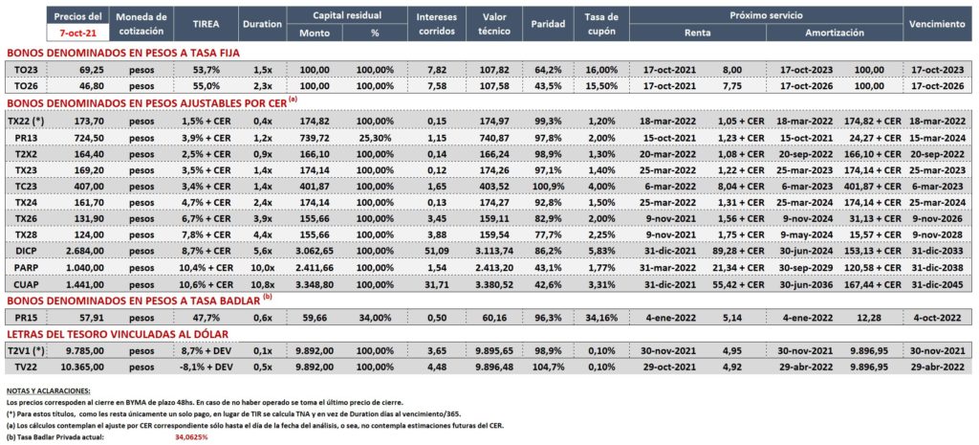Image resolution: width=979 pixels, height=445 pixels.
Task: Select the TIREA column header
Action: [206, 24]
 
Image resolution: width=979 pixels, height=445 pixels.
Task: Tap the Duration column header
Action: [262, 24]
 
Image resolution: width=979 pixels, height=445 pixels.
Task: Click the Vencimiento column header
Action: [937, 24]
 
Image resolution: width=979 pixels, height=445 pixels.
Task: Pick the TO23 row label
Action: [25, 70]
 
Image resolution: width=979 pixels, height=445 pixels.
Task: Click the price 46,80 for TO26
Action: [91, 85]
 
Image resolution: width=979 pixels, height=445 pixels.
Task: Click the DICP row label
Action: [25, 252]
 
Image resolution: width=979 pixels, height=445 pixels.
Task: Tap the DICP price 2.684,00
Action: [84, 252]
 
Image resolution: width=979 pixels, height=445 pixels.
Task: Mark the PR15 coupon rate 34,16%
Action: [602, 318]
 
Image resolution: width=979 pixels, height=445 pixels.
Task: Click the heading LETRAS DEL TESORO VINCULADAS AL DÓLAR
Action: [117, 334]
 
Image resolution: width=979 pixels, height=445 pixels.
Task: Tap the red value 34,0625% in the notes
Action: [191, 437]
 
